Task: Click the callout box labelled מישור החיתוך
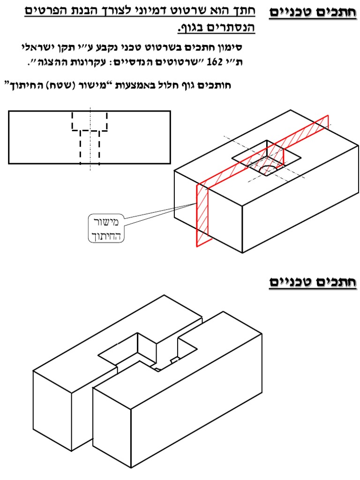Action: [x=106, y=228]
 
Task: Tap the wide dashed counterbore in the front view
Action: [x=90, y=121]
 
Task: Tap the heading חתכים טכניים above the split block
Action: [x=312, y=282]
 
